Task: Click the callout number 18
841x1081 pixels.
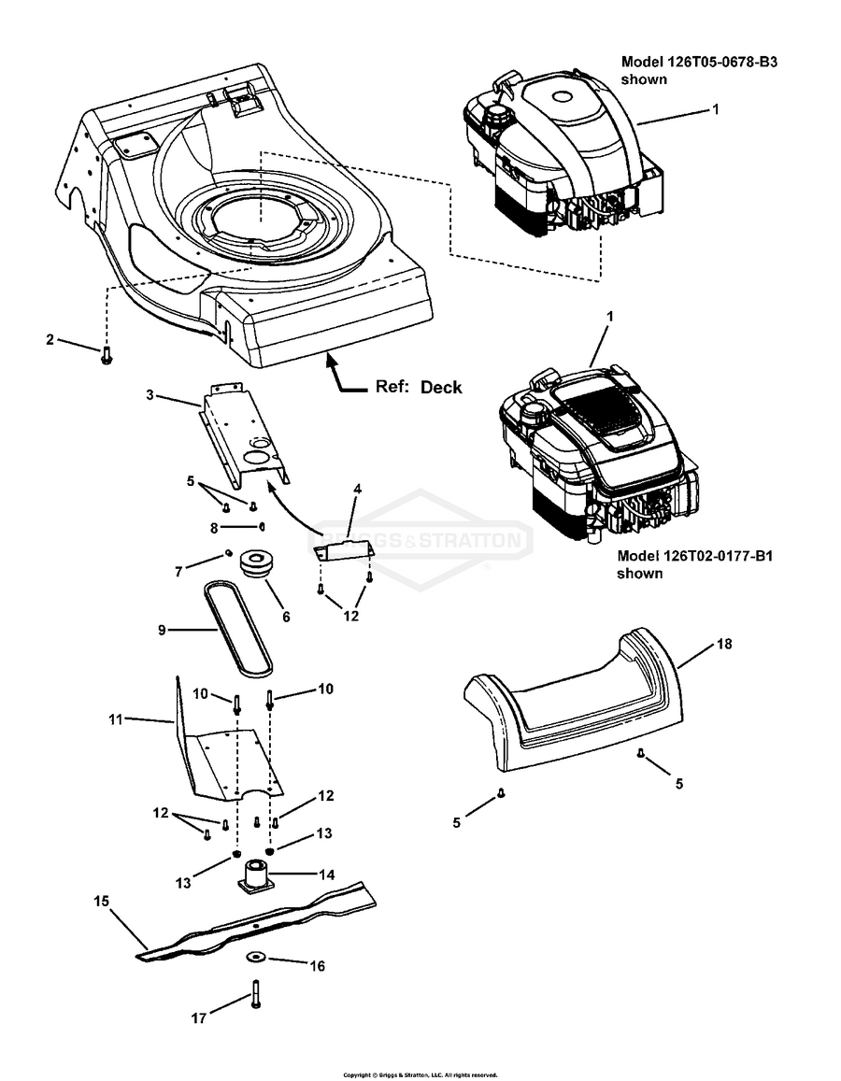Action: tap(724, 643)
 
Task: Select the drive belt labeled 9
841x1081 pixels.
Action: tap(238, 627)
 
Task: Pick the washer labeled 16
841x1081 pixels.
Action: tap(256, 957)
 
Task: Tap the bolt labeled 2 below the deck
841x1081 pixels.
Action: tap(106, 355)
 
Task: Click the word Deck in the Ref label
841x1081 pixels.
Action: tap(441, 387)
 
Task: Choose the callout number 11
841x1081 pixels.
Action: tap(116, 719)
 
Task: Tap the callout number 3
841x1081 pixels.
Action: tap(150, 395)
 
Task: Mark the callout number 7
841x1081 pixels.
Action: tap(179, 572)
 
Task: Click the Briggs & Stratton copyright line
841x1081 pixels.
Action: tap(420, 1074)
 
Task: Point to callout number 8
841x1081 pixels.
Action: tap(214, 528)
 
